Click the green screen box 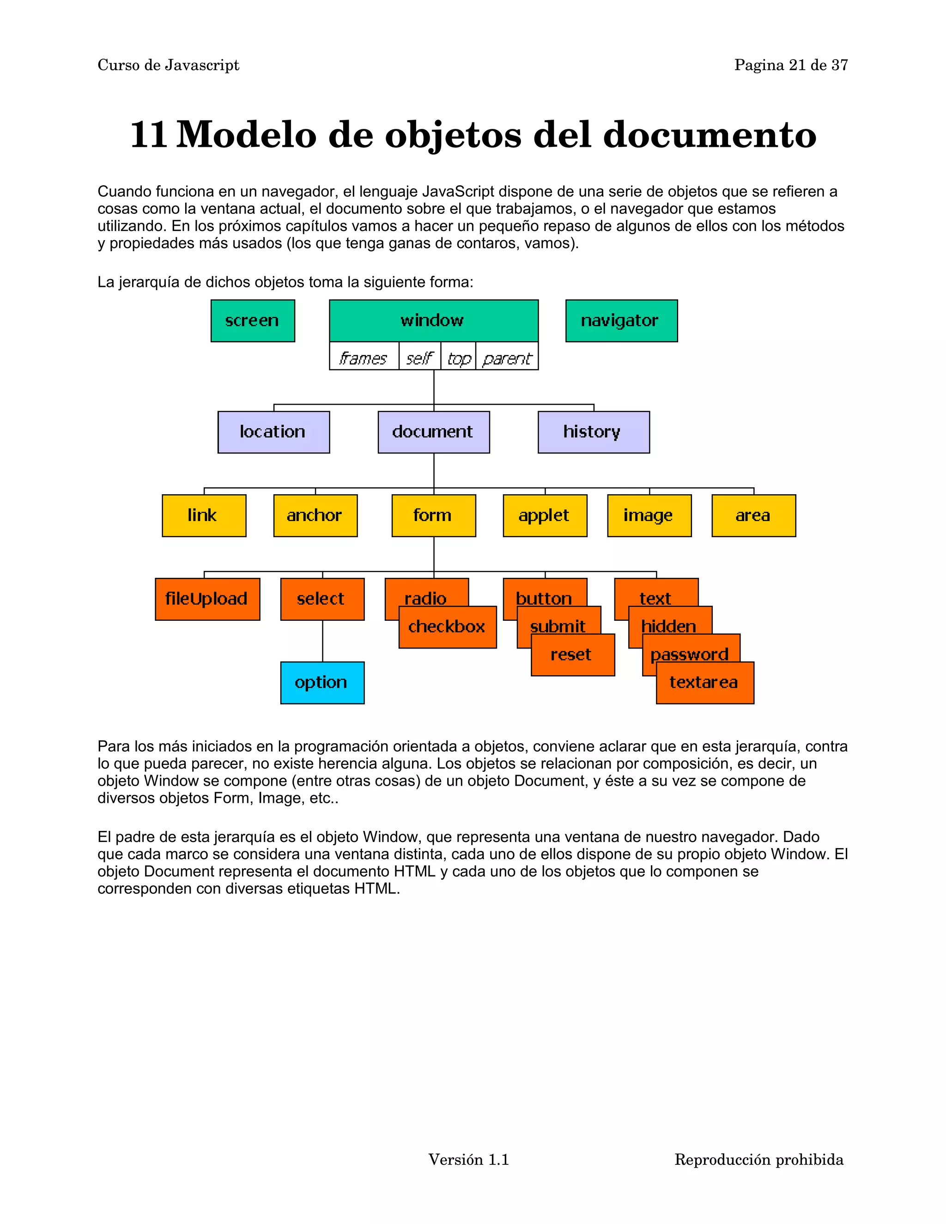pyautogui.click(x=253, y=321)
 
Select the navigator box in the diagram pyautogui.click(x=621, y=321)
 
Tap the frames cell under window pyautogui.click(x=364, y=357)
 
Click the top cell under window pyautogui.click(x=458, y=357)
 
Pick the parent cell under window pyautogui.click(x=507, y=357)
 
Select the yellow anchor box pyautogui.click(x=315, y=515)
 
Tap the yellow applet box pyautogui.click(x=545, y=515)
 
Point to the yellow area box pyautogui.click(x=753, y=515)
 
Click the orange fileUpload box pyautogui.click(x=207, y=599)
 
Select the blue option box pyautogui.click(x=322, y=683)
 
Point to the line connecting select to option pyautogui.click(x=322, y=641)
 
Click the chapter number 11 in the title pyautogui.click(x=149, y=135)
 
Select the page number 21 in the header pyautogui.click(x=797, y=66)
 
